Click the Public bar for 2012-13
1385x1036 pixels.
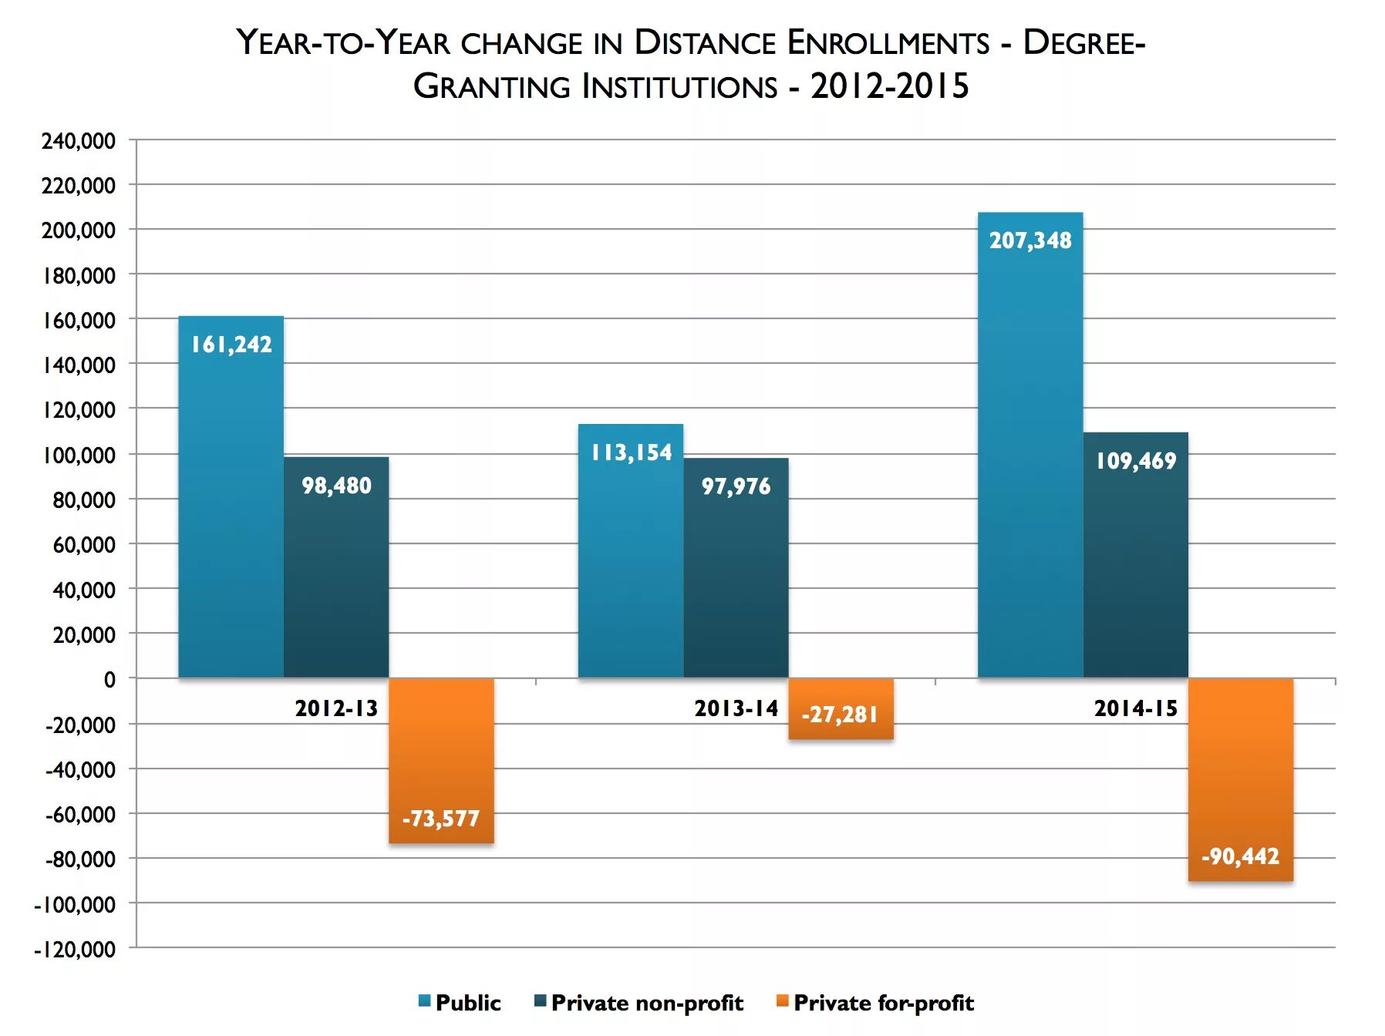click(x=231, y=509)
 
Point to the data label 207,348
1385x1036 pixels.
click(x=1030, y=240)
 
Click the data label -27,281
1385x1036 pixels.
click(x=840, y=715)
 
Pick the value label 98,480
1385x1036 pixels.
click(x=336, y=486)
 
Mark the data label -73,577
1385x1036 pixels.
click(x=441, y=819)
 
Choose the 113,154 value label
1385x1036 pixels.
click(x=631, y=452)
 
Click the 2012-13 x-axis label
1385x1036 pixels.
click(x=336, y=708)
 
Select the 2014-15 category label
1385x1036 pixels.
click(x=1135, y=708)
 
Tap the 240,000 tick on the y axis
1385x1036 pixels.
click(x=79, y=141)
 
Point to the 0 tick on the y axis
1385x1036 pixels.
click(x=110, y=680)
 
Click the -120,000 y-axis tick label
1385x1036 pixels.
click(x=75, y=949)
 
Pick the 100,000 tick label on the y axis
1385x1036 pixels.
click(x=79, y=455)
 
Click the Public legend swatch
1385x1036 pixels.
click(x=424, y=1001)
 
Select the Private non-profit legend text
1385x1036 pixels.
click(x=647, y=1003)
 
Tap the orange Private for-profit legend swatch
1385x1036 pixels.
click(x=782, y=1001)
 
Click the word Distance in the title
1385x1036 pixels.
click(x=704, y=42)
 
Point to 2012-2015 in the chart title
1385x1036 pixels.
click(x=889, y=86)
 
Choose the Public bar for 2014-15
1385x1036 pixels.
click(x=1030, y=462)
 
